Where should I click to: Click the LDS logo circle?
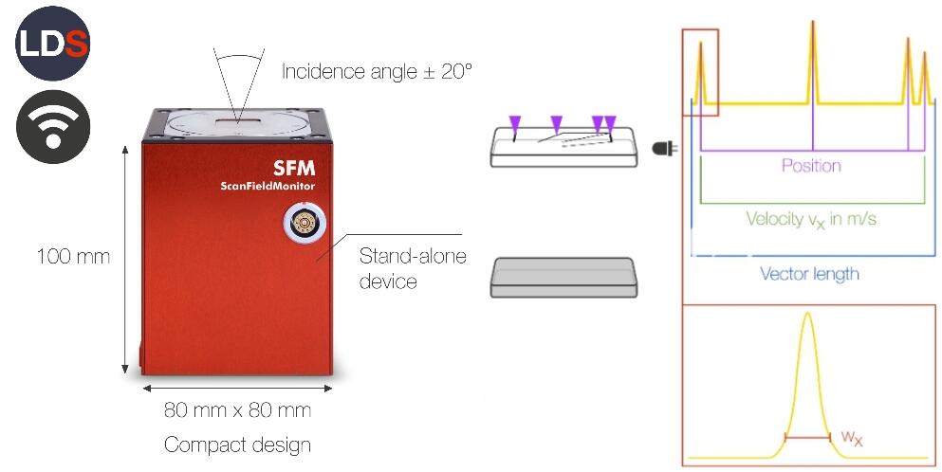point(52,42)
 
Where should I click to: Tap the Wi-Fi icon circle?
point(53,128)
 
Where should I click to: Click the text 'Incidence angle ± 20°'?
point(377,71)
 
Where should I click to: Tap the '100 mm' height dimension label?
point(72,256)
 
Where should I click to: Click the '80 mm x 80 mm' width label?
point(237,411)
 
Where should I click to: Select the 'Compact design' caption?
point(237,445)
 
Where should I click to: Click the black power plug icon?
point(665,149)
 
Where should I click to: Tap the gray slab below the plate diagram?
point(562,279)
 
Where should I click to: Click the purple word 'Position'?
point(811,166)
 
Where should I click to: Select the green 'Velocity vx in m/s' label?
point(811,219)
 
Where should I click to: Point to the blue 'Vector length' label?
point(810,274)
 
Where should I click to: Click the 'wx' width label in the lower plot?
point(852,438)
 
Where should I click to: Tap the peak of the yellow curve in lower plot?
point(807,317)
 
